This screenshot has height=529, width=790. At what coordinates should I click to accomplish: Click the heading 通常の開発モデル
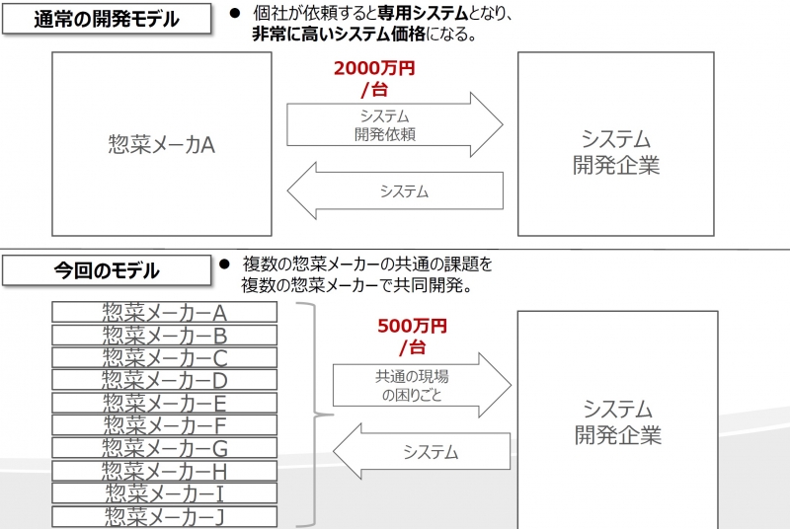tap(107, 19)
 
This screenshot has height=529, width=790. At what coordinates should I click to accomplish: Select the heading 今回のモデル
tap(107, 270)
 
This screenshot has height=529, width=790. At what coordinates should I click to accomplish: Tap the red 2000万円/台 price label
tap(374, 78)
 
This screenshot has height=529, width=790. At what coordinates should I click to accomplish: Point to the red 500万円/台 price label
tap(412, 337)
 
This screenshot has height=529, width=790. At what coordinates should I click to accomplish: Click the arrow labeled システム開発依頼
tap(394, 124)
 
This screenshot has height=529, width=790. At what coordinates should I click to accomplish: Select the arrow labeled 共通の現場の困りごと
tap(422, 385)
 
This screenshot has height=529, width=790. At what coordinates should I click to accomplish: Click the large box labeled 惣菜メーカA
tap(162, 144)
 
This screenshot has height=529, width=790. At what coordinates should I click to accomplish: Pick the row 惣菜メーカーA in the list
tap(164, 312)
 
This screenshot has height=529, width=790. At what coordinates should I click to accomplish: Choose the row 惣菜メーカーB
tap(164, 335)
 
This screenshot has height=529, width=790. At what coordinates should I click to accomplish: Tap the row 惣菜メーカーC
tap(164, 357)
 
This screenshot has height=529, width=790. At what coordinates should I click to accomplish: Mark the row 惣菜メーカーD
tap(164, 380)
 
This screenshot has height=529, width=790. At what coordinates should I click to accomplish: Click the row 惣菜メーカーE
tap(164, 403)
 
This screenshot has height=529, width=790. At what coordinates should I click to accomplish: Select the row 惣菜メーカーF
tap(164, 425)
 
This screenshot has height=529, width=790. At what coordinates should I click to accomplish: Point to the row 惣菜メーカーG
tap(164, 448)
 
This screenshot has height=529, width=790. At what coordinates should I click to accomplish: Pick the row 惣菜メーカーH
tap(164, 471)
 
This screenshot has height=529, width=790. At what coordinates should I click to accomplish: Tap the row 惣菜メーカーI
tap(164, 493)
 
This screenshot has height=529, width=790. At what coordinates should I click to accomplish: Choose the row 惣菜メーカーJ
tap(164, 516)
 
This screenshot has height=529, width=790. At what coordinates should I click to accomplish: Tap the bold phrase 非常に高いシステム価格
tap(339, 34)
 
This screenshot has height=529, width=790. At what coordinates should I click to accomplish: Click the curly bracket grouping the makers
tap(316, 415)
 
